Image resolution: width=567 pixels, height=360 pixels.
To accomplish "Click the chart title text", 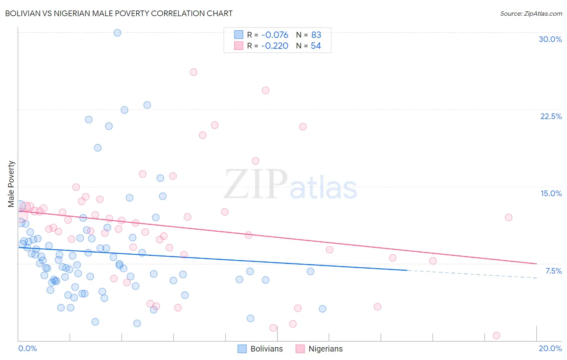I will pos(119,13).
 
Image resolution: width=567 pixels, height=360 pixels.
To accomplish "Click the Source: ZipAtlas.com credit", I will pos(531,13).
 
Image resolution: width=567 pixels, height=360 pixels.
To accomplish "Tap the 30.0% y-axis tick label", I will pos(550,39).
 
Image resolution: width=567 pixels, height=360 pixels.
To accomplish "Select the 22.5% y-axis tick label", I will pos(551,116).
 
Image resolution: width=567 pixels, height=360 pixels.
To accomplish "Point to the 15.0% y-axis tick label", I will pos(551,193).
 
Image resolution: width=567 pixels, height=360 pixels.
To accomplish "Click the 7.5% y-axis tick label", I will pos(553,271).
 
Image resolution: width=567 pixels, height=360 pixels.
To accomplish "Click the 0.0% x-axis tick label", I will pos(27,348).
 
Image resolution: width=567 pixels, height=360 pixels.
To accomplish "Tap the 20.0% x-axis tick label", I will pos(550,348).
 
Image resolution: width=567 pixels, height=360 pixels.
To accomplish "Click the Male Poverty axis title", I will pos(11,184).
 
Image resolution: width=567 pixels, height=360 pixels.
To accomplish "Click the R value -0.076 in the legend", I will pos(275,35).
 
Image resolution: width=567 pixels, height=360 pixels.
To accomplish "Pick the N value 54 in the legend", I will pos(316,46).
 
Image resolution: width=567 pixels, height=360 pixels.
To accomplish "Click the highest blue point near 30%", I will pos(117,33).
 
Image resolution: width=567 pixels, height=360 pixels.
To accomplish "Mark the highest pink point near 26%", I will pos(194,72).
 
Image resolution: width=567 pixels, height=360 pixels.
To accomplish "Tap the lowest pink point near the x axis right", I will pos(496,335).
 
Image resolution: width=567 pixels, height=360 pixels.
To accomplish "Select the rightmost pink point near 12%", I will pos(509,218).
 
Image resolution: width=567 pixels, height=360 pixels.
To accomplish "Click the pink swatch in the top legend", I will pos(239,46).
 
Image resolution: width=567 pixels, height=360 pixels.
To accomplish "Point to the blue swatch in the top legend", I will pos(239,35).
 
